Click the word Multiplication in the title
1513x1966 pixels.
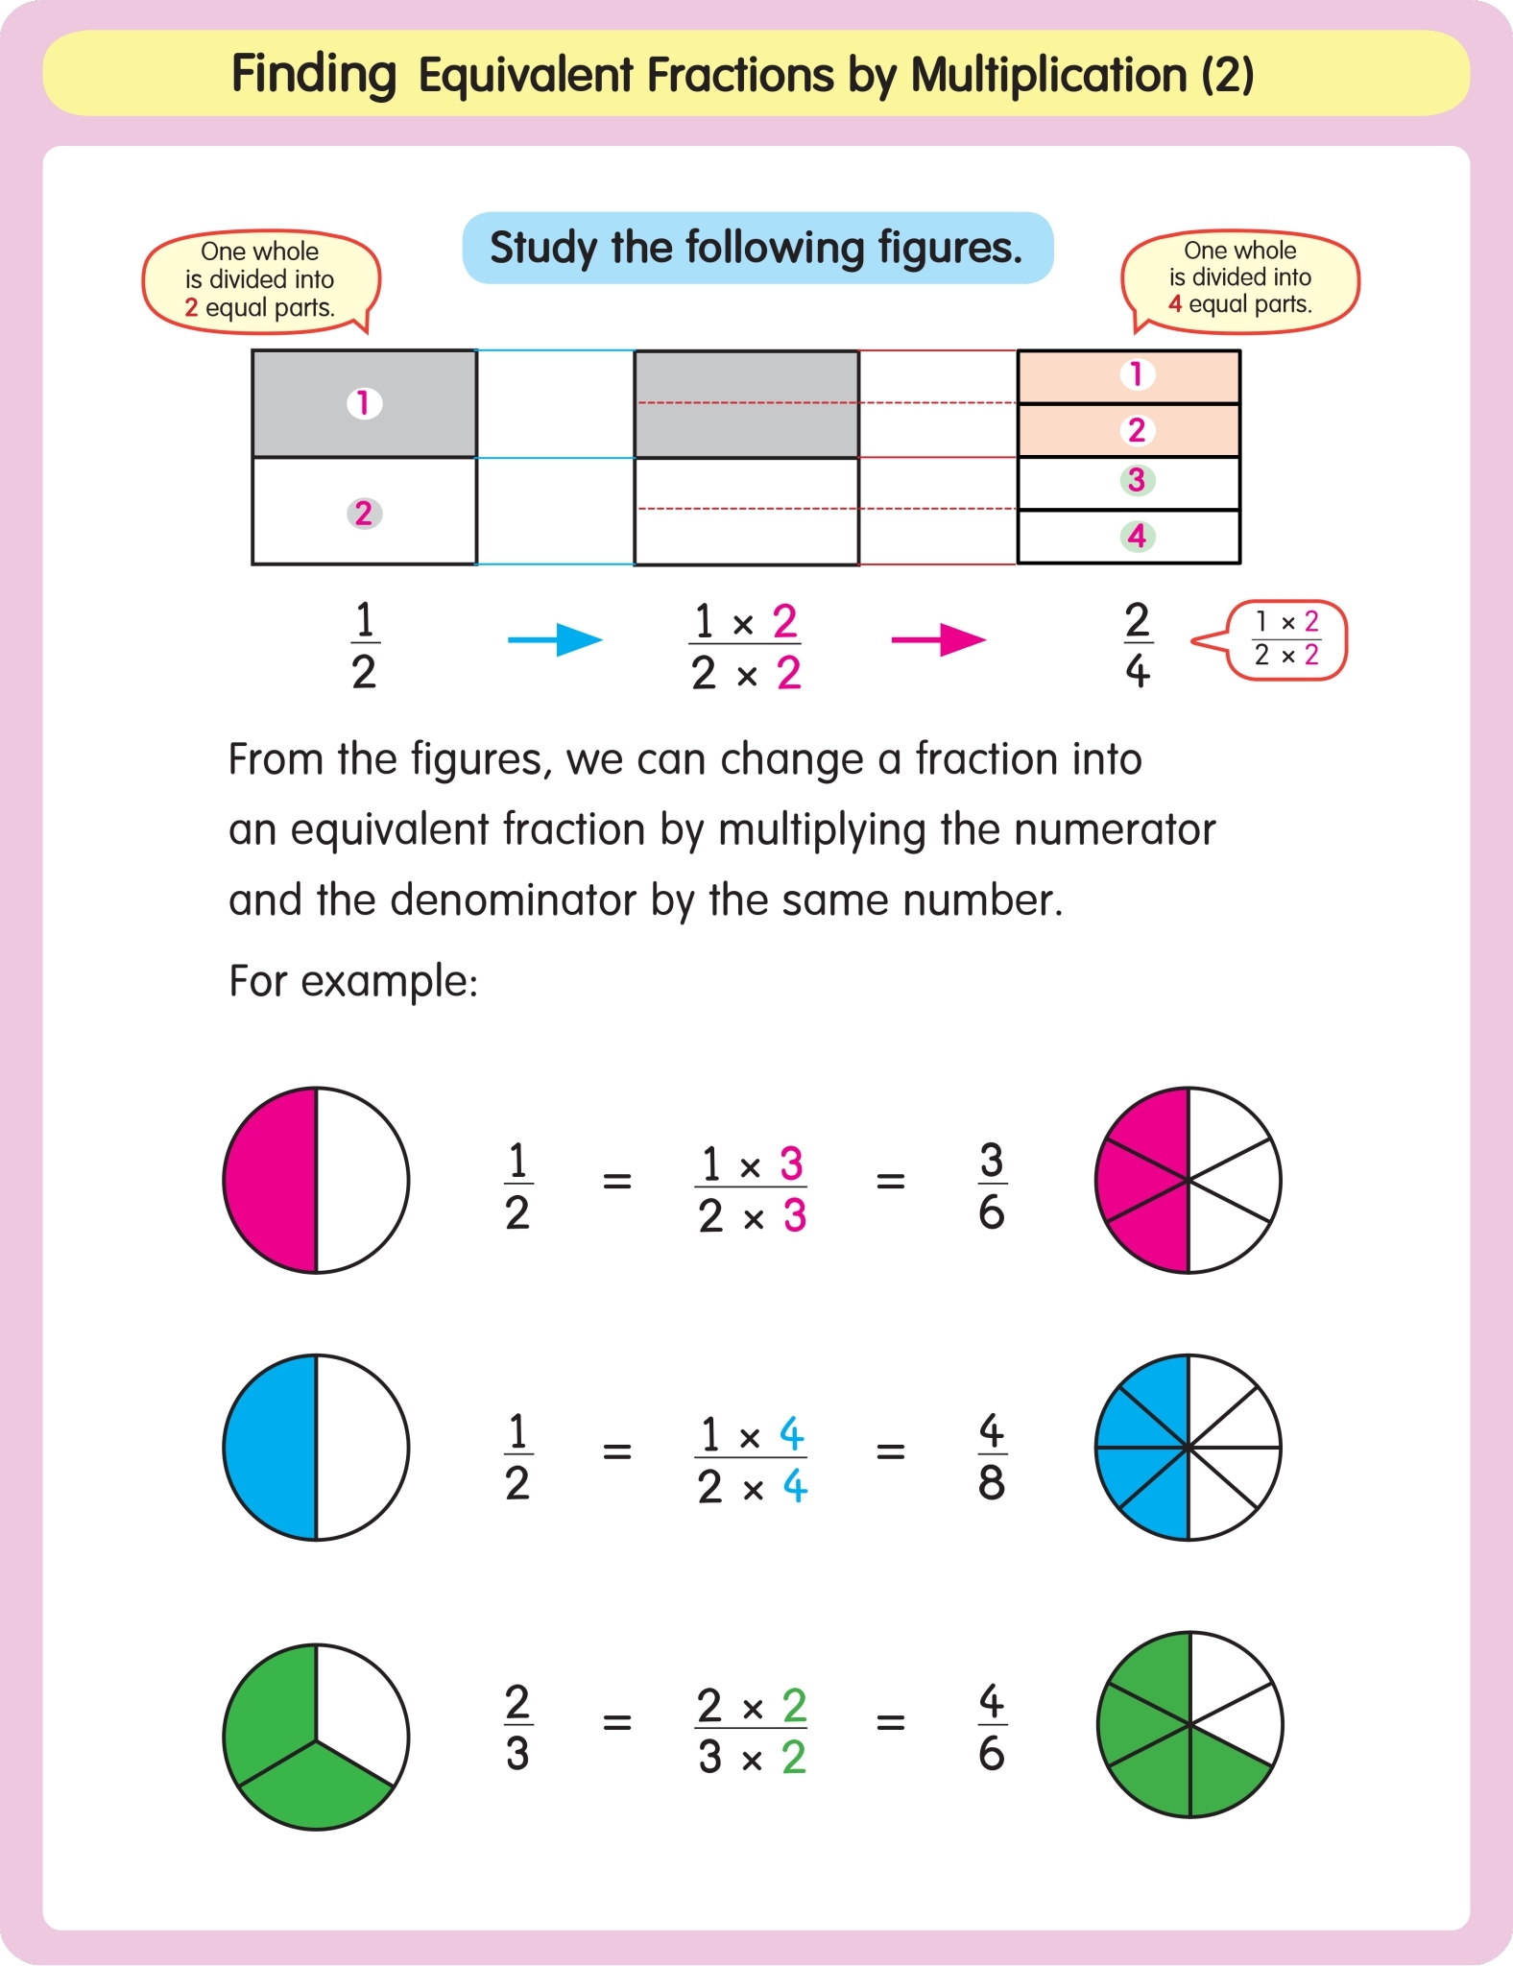tap(1048, 76)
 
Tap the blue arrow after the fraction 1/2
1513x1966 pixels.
tap(555, 639)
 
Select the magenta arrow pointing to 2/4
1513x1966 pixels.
tap(938, 639)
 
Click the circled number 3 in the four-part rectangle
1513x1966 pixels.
tap(1137, 480)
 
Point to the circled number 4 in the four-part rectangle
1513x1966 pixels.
tap(1137, 536)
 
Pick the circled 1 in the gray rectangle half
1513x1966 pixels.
tap(364, 403)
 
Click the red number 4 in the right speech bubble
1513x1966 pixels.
tap(1175, 304)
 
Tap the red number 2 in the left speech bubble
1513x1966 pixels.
tap(191, 308)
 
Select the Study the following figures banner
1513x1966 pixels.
tap(757, 248)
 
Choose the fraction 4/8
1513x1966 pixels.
tap(992, 1456)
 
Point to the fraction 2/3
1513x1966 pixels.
tap(517, 1727)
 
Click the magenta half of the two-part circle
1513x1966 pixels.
tap(270, 1180)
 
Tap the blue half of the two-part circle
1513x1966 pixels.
tap(270, 1447)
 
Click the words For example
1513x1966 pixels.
tap(352, 981)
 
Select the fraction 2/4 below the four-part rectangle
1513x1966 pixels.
tap(1138, 645)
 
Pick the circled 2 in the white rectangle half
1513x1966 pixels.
tap(364, 514)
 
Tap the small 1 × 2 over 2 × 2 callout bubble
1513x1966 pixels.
tap(1286, 640)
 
